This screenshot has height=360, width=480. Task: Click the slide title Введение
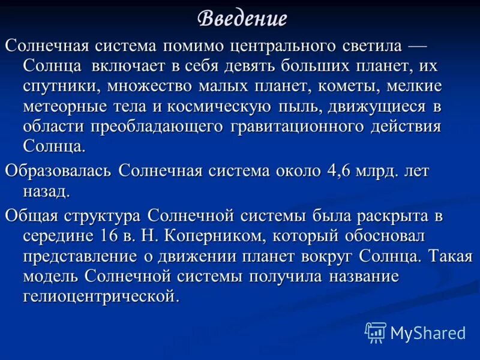click(x=242, y=19)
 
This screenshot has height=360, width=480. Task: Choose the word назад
click(x=47, y=191)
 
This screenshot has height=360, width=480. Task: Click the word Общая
click(x=35, y=215)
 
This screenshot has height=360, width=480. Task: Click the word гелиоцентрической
click(x=101, y=297)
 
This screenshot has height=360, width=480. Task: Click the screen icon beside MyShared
click(x=376, y=332)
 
